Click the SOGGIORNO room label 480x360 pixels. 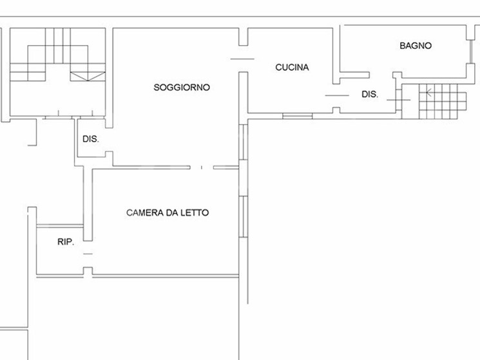[x=182, y=88]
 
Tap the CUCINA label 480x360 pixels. [x=292, y=67]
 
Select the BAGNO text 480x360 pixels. [x=416, y=46]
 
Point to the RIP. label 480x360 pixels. [x=66, y=242]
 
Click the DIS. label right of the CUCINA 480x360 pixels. [x=370, y=94]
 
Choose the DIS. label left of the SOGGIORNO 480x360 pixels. [x=91, y=139]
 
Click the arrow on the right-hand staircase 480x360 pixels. [x=429, y=91]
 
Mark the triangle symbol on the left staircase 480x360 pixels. [x=88, y=77]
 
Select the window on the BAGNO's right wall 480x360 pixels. [x=470, y=52]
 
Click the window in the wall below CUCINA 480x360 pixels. [x=298, y=116]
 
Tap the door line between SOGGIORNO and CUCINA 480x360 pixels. [x=242, y=59]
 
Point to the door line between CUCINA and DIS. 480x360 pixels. [x=337, y=95]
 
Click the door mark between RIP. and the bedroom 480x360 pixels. [x=88, y=254]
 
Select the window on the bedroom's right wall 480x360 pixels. [x=243, y=216]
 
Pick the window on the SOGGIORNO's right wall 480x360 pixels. [x=243, y=142]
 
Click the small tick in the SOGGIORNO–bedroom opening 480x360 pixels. [x=202, y=167]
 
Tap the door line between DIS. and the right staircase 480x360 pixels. [x=399, y=100]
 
